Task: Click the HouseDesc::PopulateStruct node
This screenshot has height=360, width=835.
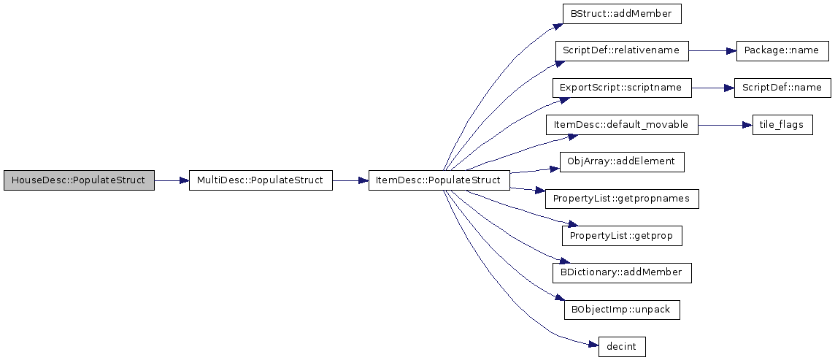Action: click(79, 180)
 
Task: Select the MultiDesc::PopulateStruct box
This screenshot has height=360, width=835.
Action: click(261, 180)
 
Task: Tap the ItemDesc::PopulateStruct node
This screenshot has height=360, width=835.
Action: click(439, 180)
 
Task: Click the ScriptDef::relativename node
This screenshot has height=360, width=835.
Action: click(622, 50)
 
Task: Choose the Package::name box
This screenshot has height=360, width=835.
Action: click(782, 50)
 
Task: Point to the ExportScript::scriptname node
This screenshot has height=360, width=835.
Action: click(622, 88)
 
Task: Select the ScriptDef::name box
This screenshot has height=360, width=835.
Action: click(782, 88)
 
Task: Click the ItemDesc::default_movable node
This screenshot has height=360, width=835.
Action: click(622, 125)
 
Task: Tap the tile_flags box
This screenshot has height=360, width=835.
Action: click(782, 125)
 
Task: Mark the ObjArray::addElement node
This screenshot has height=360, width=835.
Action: click(622, 161)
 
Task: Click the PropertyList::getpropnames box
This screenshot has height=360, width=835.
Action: click(622, 199)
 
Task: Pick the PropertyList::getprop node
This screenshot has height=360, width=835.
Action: click(622, 235)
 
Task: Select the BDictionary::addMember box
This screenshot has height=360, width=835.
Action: click(622, 272)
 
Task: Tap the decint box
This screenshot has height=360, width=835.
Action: click(622, 346)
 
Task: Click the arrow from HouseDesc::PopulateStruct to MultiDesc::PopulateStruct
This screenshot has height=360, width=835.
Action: click(172, 180)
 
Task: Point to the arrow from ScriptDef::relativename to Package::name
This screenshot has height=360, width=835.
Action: click(712, 50)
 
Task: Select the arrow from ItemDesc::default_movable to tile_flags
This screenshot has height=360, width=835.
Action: click(726, 125)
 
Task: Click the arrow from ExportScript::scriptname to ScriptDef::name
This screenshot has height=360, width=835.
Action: click(713, 88)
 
